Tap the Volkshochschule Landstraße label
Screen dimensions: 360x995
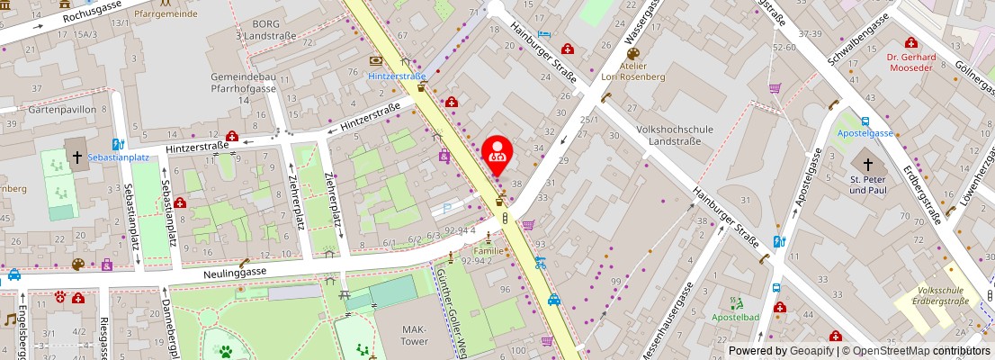pos(674,135)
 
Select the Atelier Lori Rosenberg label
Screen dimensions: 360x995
pos(632,71)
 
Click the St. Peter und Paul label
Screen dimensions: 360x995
pos(869,184)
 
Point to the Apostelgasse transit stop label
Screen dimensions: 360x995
pos(865,133)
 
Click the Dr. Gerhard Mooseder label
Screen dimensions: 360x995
pos(911,62)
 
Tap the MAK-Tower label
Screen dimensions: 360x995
pos(414,336)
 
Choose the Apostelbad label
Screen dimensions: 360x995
pos(736,318)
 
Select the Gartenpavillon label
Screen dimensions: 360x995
pos(63,109)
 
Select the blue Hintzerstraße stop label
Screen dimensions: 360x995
pos(397,76)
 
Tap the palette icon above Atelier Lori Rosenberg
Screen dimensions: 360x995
pos(632,53)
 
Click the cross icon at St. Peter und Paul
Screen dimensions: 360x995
pos(868,165)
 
